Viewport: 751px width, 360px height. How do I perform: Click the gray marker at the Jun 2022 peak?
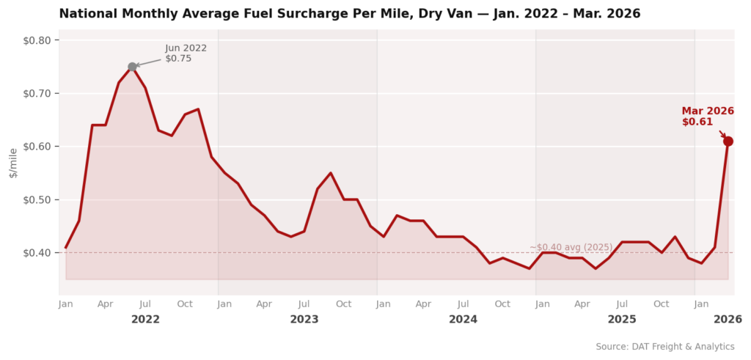pyautogui.click(x=132, y=67)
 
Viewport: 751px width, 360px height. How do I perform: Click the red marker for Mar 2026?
pyautogui.click(x=728, y=142)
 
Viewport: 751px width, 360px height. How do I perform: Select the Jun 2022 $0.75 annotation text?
pyautogui.click(x=186, y=54)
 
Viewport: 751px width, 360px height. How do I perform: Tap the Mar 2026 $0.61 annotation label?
pyautogui.click(x=707, y=117)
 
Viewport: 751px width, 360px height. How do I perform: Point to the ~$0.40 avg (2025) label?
pyautogui.click(x=571, y=248)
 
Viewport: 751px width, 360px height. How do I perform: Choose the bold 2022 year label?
pyautogui.click(x=145, y=320)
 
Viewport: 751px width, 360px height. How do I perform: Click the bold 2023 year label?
pyautogui.click(x=304, y=320)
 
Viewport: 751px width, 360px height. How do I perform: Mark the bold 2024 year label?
pyautogui.click(x=463, y=320)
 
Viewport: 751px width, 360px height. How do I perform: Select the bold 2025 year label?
pyautogui.click(x=622, y=320)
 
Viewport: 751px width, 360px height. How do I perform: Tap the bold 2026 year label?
pyautogui.click(x=728, y=320)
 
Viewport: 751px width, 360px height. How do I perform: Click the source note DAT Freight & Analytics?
pyautogui.click(x=664, y=347)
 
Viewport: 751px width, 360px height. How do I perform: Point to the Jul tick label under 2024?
pyautogui.click(x=463, y=304)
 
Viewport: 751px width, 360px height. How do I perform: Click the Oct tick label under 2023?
pyautogui.click(x=344, y=304)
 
